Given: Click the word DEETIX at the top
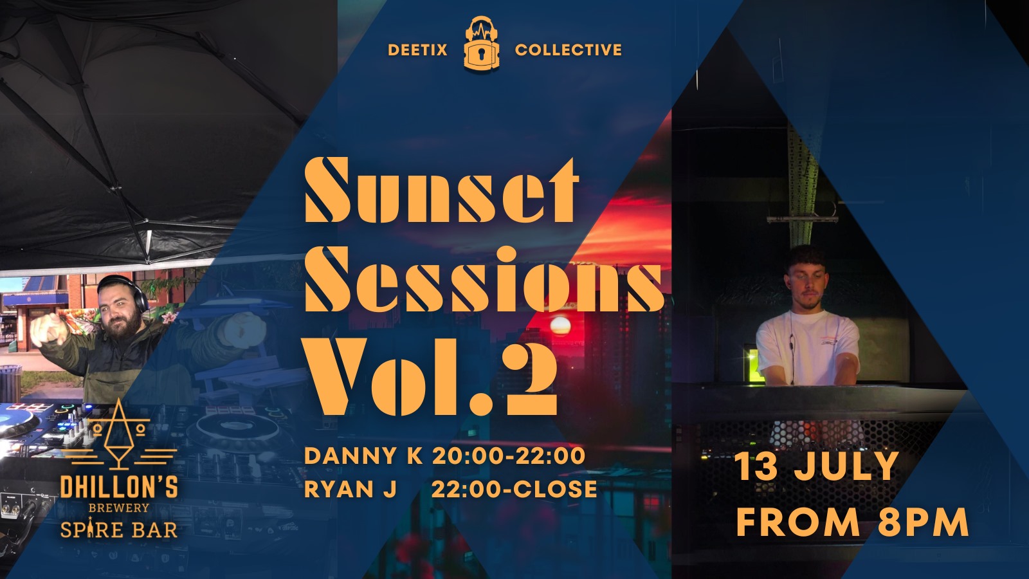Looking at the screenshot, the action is pos(417,50).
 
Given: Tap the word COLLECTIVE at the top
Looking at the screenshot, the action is pos(569,50).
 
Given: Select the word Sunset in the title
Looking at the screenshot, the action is pos(440,190).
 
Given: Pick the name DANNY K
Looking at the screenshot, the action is pos(363,456).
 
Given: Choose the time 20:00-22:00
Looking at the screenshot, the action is pos(509,456).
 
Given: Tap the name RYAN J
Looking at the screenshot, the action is pos(351,489).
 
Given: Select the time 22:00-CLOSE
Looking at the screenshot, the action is pos(514,489).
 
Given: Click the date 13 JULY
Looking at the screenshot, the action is pos(817,466).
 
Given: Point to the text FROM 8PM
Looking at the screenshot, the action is pos(853,522).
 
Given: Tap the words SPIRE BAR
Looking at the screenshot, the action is pos(119,529).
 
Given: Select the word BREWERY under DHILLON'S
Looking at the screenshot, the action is pos(119,508).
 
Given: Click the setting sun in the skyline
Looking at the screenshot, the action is pos(560,326).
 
